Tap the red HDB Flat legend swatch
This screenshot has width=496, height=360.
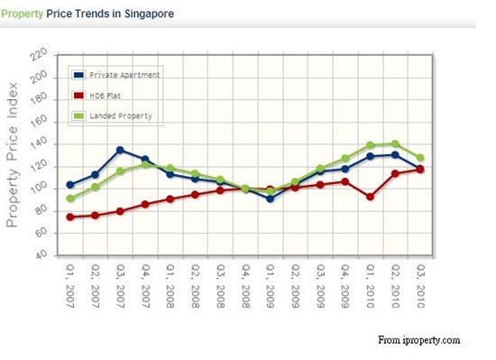(78, 96)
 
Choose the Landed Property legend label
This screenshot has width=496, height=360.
(120, 116)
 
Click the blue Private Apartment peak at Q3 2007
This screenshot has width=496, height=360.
(120, 150)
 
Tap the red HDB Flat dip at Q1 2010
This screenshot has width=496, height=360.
(370, 197)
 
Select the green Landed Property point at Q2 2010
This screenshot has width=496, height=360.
(395, 144)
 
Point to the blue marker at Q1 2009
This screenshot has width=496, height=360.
(270, 198)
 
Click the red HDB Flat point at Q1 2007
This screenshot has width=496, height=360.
(70, 217)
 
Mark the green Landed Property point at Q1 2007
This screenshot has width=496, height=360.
(70, 198)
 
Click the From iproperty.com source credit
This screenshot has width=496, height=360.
(418, 340)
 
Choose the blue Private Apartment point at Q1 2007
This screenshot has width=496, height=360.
(70, 185)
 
